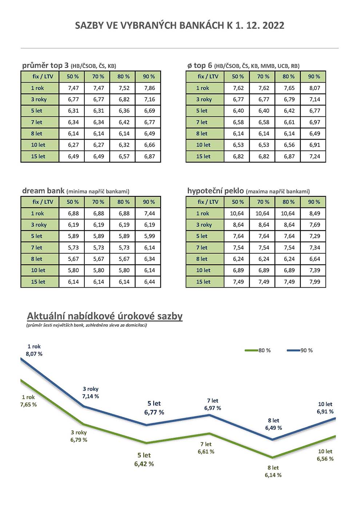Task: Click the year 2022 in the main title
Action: pos(273,25)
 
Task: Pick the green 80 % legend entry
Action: pos(258,350)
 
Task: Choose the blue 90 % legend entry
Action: pos(300,350)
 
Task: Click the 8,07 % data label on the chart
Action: pos(34,354)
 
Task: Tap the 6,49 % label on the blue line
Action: pos(273,428)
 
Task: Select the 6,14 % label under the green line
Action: pos(273,475)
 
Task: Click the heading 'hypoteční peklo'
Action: pos(215,191)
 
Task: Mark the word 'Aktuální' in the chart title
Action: pos(46,316)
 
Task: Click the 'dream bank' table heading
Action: pos(43,191)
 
